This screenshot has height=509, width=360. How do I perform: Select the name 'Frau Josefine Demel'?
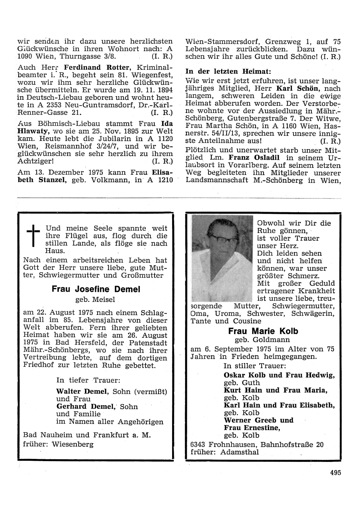click(x=96, y=289)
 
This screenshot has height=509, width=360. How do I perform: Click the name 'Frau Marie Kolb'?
click(x=263, y=331)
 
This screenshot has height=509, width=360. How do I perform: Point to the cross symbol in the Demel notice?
click(x=33, y=235)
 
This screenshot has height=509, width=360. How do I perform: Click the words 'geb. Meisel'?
click(x=95, y=299)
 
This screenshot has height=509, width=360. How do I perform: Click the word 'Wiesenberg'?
click(x=73, y=444)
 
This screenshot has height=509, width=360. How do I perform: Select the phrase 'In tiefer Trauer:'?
click(x=88, y=380)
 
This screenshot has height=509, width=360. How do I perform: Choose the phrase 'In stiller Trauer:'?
click(x=255, y=365)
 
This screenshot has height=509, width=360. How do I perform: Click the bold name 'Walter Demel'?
click(x=82, y=391)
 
